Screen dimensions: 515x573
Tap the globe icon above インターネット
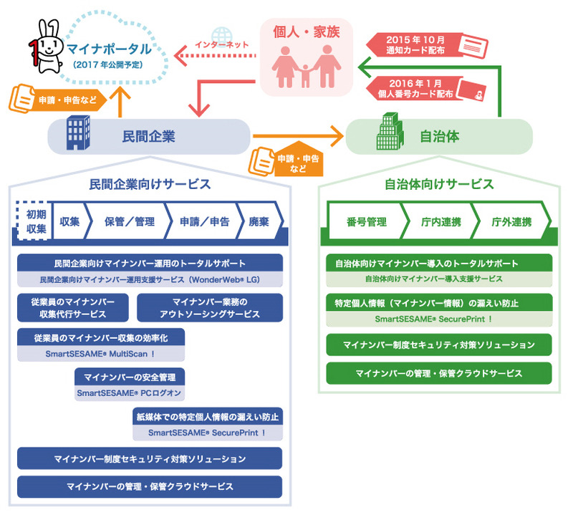tap(223, 33)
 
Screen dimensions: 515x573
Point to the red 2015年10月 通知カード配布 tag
tap(414, 44)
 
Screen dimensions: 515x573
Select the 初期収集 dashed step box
tap(32, 221)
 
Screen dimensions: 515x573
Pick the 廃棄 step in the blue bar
tap(258, 221)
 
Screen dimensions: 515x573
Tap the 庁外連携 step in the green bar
tap(511, 221)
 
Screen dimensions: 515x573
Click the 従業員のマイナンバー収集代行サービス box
tap(73, 307)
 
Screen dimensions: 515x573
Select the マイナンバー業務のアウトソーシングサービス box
tap(210, 307)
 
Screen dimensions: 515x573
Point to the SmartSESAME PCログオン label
tap(130, 393)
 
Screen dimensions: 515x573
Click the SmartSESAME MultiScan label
tap(100, 354)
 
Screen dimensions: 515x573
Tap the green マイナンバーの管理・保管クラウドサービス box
tap(438, 373)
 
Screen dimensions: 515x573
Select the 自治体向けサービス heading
tap(438, 184)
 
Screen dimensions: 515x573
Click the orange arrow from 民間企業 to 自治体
tap(297, 133)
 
